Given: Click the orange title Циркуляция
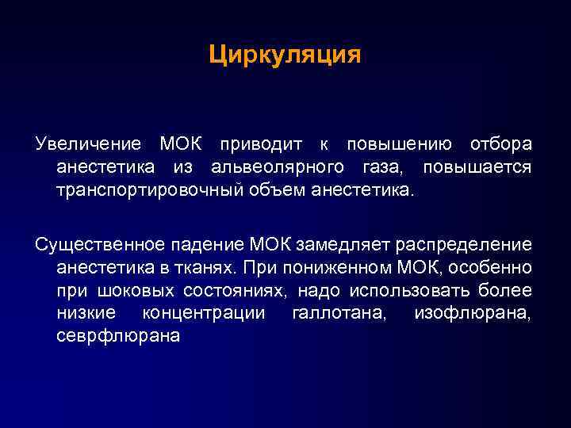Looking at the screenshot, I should tap(285, 55).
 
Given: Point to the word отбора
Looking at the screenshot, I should tap(500, 145).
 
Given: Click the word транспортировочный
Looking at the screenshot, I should tap(146, 191).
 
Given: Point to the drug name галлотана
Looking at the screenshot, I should tap(339, 313).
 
